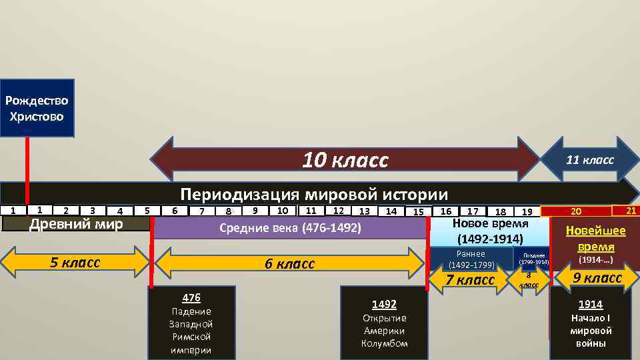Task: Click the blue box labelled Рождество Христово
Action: pos(37,109)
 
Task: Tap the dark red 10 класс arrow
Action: pos(345,161)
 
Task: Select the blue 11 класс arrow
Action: pos(589,161)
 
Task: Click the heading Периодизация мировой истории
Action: pos(315,194)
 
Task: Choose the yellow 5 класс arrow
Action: pos(75,262)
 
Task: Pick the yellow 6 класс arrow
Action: pos(289,263)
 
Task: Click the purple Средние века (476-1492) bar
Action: pos(290,228)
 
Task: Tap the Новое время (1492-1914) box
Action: pos(490,231)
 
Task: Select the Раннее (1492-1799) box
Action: pos(471,259)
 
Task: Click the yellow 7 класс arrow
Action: pos(470,280)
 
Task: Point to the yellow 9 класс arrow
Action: pos(597,278)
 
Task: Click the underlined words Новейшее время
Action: pos(595,238)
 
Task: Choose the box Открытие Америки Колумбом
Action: pos(384,323)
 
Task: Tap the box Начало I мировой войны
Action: pos(591,323)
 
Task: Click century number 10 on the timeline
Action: pos(283,211)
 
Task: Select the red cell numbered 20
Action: pos(575,212)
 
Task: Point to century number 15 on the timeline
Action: pos(418,212)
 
